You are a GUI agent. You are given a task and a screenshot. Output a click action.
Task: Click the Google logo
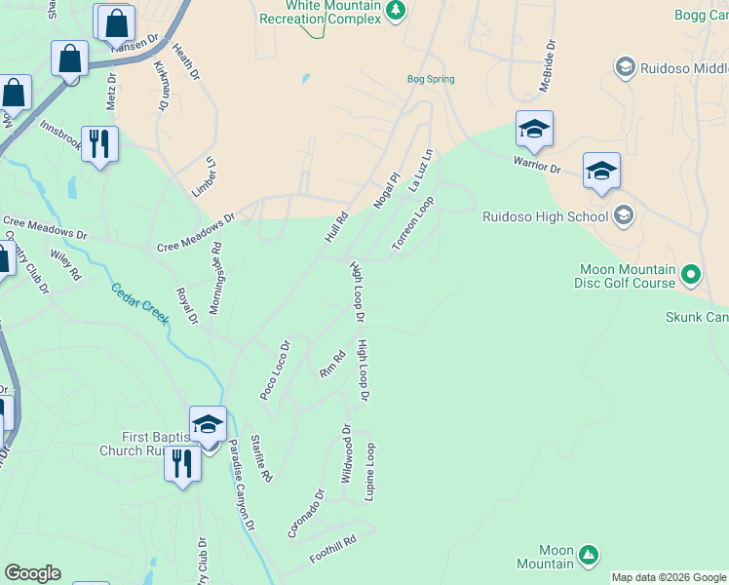[32, 573]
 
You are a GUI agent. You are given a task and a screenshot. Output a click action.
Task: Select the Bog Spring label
[430, 79]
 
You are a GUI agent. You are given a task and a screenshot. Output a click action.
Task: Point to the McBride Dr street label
[547, 66]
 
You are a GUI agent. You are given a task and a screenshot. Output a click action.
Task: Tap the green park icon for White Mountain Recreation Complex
[395, 10]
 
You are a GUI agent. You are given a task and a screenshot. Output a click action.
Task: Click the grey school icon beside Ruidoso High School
[624, 216]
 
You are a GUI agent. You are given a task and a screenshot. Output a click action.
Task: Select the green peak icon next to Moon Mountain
[588, 556]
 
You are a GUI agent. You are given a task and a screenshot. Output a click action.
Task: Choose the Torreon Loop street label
[412, 224]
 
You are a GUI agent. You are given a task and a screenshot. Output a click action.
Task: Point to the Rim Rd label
[332, 364]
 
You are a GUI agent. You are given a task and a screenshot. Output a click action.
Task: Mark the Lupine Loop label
[370, 472]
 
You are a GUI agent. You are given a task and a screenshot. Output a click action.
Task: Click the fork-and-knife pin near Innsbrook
[99, 144]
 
